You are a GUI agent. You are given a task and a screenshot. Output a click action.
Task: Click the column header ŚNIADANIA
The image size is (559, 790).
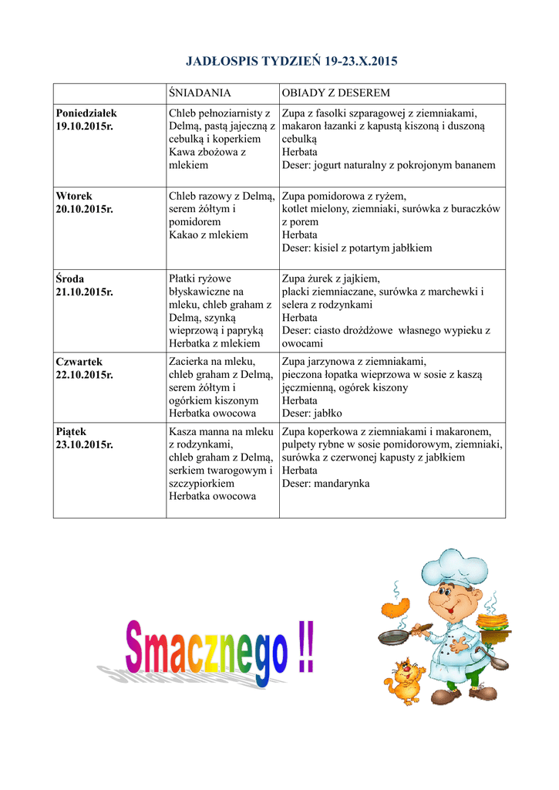coord(200,93)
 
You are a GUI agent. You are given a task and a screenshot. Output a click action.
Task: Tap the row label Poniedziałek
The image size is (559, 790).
coord(86,113)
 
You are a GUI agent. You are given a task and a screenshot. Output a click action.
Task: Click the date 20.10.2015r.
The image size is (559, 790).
coord(84,209)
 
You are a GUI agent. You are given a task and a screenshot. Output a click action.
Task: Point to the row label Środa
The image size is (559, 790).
coord(69,279)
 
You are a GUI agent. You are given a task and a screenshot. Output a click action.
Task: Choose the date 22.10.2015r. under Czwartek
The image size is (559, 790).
coord(84,375)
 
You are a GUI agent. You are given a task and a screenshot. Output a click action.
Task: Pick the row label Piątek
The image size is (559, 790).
coord(71,431)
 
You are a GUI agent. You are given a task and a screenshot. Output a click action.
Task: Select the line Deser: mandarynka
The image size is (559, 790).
coord(325,484)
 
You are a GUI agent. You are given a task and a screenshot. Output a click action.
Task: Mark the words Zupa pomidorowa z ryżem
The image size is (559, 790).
coord(344,196)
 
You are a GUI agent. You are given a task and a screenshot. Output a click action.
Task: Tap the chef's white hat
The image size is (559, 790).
coord(456,569)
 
